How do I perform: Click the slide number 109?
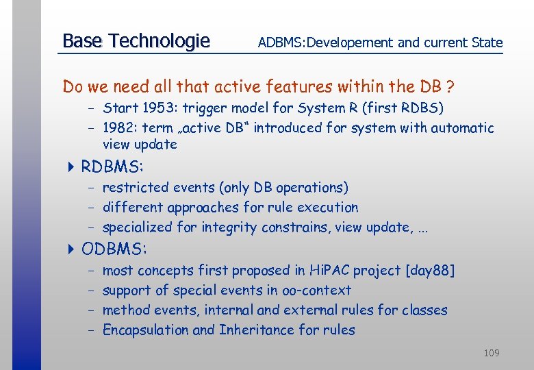492,353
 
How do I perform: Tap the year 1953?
156,108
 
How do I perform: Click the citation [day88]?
430,271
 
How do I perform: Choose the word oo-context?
316,291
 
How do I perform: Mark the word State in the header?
487,42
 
